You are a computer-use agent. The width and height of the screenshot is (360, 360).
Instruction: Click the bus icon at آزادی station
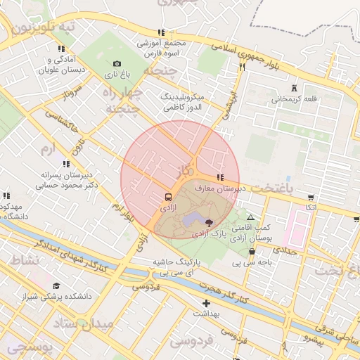168,196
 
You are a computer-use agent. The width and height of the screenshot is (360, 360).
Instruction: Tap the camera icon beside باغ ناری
117,63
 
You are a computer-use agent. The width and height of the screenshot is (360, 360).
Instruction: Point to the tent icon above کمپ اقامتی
250,218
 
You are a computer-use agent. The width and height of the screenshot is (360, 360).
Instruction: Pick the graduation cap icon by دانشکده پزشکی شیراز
56,286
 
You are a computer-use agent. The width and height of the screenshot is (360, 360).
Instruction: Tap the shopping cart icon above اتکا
311,198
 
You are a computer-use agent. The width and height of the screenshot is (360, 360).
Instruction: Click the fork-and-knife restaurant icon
242,67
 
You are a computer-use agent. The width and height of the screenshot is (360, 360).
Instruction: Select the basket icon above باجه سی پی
252,252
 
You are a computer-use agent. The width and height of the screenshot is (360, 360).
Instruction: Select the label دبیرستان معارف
240,188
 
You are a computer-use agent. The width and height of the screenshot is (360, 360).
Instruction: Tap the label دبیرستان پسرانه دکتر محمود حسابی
70,181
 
